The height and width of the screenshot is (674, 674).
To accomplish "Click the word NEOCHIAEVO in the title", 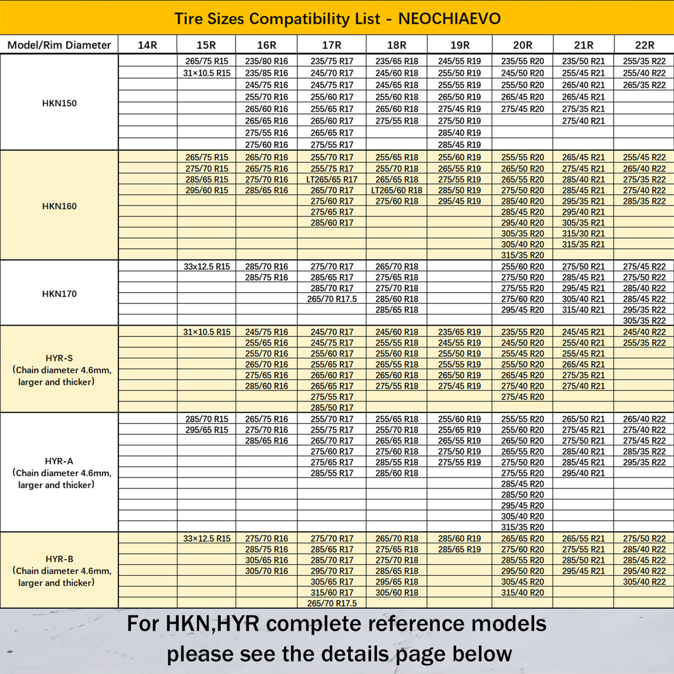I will coord(449,19).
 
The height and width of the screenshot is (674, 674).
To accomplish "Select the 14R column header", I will coord(147,45).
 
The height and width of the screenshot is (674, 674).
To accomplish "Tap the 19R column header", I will coord(459,45).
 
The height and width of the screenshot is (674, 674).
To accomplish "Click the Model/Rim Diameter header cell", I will coord(59,45).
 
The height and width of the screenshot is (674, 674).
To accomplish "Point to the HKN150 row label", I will coord(59,103).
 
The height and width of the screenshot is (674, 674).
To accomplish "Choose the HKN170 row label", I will coord(59,294).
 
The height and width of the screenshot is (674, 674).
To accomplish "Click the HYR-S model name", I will coord(59,358).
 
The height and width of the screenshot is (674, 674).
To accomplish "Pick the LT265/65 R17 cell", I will coord(331,180).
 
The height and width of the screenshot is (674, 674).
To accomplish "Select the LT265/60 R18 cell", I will coord(397,190).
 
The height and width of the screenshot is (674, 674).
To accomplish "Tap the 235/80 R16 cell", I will coord(266,61).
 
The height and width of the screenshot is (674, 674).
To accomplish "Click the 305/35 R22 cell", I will coord(644,321).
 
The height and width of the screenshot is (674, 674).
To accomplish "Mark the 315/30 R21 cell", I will coord(583,234).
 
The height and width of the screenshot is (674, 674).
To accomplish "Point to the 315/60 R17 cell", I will coord(331,593).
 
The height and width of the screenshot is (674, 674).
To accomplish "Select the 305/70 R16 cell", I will coord(266,571).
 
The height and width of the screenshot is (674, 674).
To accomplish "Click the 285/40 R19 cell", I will coord(459,133).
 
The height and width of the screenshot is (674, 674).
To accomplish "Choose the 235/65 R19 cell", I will coord(459,332).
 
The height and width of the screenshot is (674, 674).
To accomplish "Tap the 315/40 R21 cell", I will coord(583,310).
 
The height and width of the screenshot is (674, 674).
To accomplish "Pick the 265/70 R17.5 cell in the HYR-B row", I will coord(331,603).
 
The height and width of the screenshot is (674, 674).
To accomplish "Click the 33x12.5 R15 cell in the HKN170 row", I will coord(206,267).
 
